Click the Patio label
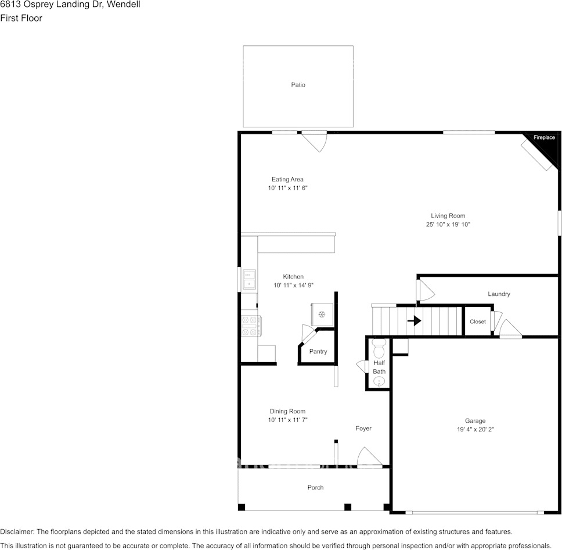point(298,85)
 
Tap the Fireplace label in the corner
point(544,138)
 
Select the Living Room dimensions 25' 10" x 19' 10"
point(448,224)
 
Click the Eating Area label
point(287,180)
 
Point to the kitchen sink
point(250,279)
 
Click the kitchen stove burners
point(251,326)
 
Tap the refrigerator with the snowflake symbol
point(321,315)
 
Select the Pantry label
point(318,352)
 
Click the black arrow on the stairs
point(414,320)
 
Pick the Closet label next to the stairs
point(477,322)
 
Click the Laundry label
point(499,294)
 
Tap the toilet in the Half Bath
point(379,349)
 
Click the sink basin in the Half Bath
point(379,381)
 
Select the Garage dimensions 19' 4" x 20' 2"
point(475,430)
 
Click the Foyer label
point(363,428)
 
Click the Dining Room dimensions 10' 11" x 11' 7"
point(287,420)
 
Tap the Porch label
point(315,487)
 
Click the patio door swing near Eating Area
point(315,142)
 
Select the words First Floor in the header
point(21,18)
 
